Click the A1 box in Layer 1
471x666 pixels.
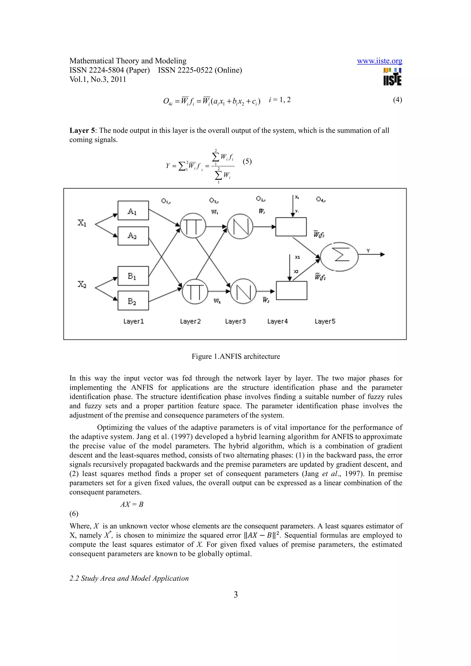tap(133, 210)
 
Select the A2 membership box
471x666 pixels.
tap(133, 236)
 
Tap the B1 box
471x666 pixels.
tap(133, 276)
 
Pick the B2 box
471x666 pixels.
tap(133, 301)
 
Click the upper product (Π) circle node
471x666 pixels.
tap(193, 226)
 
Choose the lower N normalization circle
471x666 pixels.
tap(243, 291)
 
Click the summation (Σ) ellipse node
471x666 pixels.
tap(339, 257)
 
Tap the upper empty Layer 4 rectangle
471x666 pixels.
tap(291, 227)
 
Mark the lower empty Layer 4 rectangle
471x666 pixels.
tap(291, 290)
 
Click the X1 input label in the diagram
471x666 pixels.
tap(82, 223)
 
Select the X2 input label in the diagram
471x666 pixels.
tap(82, 284)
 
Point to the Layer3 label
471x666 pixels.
tap(235, 322)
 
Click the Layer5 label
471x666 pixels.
tap(325, 322)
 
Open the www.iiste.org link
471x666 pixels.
tap(379, 61)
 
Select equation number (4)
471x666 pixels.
tap(397, 100)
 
